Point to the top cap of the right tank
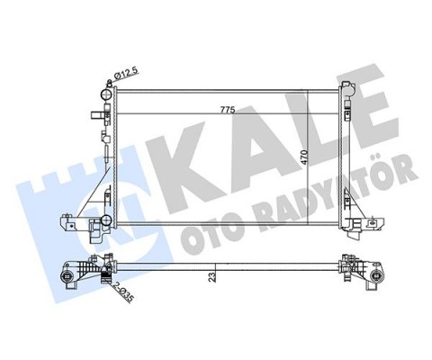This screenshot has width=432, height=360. [x=346, y=85]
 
